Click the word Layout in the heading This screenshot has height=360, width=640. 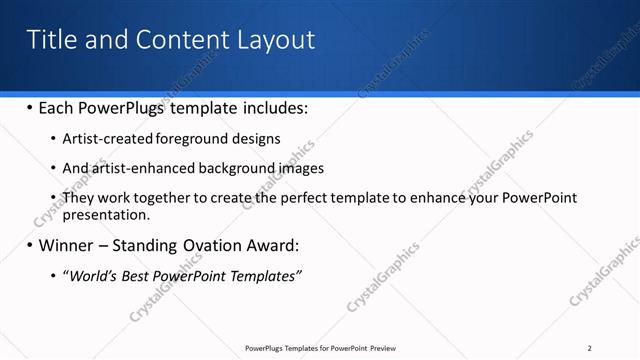(275, 40)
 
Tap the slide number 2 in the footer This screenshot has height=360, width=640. (590, 348)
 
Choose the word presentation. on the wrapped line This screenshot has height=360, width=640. (106, 214)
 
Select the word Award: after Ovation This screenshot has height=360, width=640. (270, 244)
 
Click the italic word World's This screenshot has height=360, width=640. (91, 274)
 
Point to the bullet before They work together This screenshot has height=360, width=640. (53, 197)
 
